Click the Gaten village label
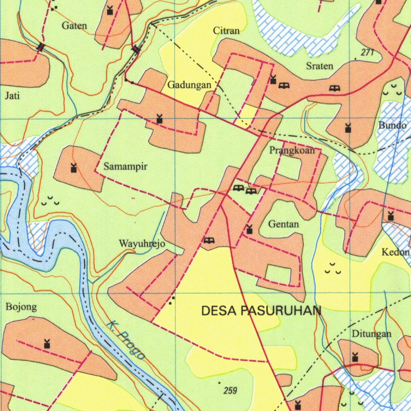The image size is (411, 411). pos(74,26)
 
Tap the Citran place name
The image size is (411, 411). pos(226,31)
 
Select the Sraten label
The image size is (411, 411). pos(319,66)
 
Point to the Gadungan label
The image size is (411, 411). pos(189,85)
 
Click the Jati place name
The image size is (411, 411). pos(12,96)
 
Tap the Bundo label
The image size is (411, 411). pos(392,125)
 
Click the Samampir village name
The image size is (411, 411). pos(126,166)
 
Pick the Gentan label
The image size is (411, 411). pos(284,224)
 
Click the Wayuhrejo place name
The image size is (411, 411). pos(142,244)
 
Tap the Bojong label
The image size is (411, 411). pos(21,307)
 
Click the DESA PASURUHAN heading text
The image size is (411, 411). pos(261,311)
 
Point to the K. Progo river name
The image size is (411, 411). pos(126,341)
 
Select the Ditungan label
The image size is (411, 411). pos(371,334)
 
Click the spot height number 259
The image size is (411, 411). pos(231,390)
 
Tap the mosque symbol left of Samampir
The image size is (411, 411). pos(73,167)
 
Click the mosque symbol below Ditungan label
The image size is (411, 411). pos(355,357)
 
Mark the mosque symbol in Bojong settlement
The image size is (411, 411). pos(47,344)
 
